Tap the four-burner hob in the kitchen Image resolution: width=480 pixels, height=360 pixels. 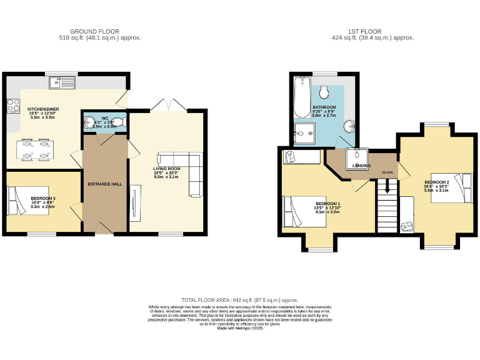tap(12, 107)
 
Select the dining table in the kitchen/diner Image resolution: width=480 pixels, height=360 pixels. tap(36, 151)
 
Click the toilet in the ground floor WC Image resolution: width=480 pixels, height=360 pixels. tap(119, 122)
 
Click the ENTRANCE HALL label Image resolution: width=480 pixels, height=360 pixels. tap(104, 184)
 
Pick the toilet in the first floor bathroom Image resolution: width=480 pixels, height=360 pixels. tap(324, 93)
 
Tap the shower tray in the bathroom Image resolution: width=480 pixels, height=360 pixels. tap(302, 133)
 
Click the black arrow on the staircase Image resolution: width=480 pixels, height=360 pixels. tap(387, 186)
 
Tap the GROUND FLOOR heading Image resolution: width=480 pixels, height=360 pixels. tap(94, 31)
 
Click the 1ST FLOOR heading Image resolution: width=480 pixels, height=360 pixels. tap(366, 31)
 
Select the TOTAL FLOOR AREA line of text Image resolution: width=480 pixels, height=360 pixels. tap(239, 300)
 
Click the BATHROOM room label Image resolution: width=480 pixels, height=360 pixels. tap(324, 107)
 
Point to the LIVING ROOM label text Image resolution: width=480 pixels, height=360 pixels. tap(166, 168)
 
